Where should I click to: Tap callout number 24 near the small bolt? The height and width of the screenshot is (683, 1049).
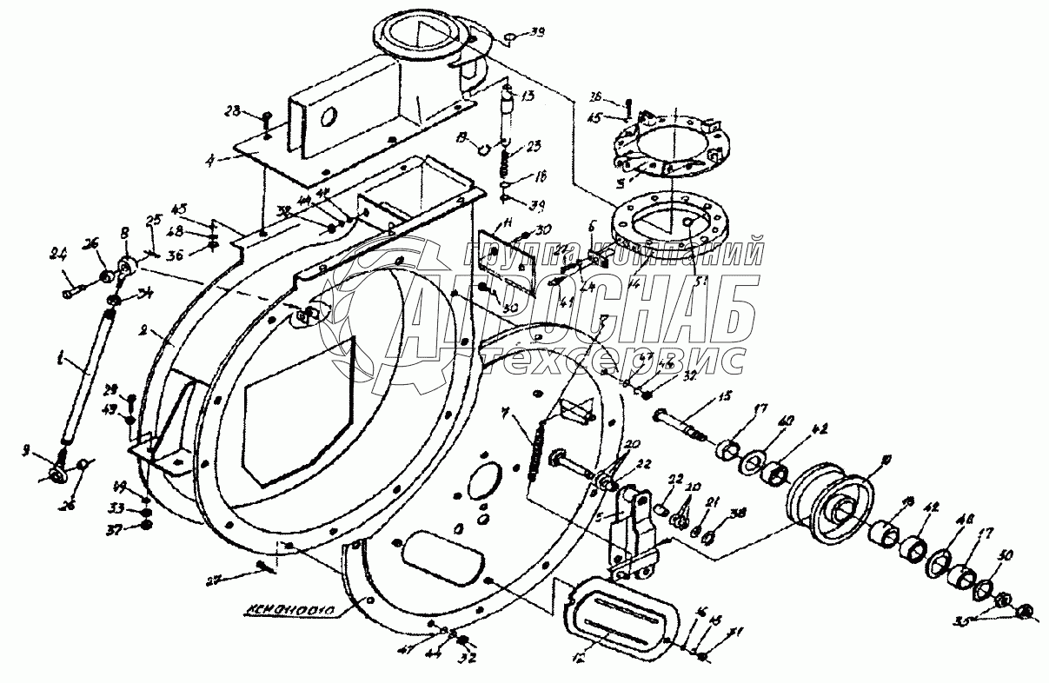58,255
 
